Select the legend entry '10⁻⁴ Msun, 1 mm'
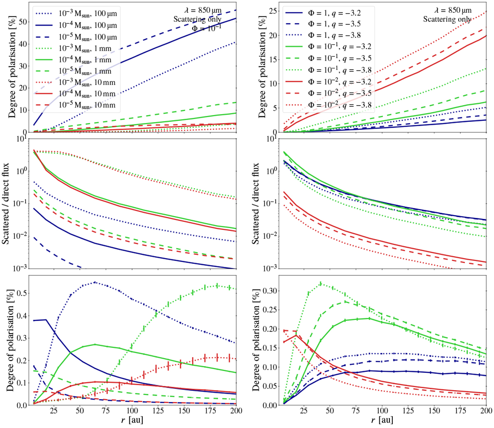(85, 60)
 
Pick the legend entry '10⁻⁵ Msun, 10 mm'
(86, 106)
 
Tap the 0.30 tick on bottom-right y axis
(269, 291)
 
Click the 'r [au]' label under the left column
(132, 421)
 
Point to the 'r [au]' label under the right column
(382, 421)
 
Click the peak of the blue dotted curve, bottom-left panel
(95, 282)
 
